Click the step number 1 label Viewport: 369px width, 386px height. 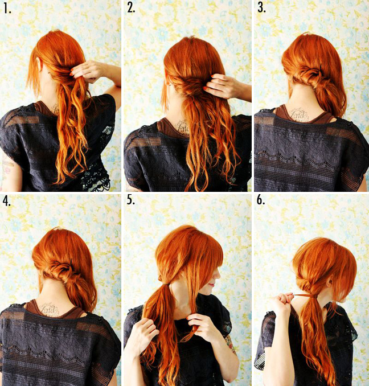coord(7,9)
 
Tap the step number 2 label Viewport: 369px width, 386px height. coord(131,8)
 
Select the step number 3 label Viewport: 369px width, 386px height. coord(261,8)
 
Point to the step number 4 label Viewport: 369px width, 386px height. coord(7,201)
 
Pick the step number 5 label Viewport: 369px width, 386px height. coord(131,200)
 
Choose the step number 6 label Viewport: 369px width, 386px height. coord(261,200)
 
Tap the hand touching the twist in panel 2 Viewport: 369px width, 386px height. coord(219,86)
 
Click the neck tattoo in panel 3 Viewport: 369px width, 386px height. coord(298,114)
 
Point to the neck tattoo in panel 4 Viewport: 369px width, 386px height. coord(51,308)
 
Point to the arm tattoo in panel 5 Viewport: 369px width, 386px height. coord(232,345)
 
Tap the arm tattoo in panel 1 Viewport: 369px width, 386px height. coord(7,167)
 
